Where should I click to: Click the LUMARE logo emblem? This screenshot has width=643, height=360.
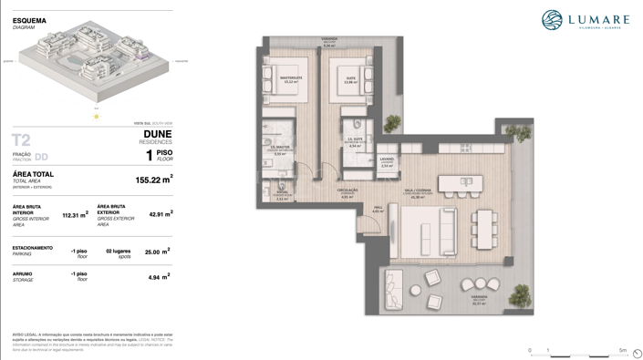[552, 20]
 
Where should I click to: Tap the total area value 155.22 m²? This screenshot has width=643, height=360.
[153, 180]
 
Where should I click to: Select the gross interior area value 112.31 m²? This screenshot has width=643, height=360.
[75, 215]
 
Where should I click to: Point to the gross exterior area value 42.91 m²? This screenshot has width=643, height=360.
[161, 214]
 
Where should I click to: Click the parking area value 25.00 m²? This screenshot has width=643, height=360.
[157, 252]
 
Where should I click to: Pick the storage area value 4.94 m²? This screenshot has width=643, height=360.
[160, 277]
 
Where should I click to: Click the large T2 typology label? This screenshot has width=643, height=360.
[21, 140]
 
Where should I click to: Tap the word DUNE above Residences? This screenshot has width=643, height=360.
[157, 134]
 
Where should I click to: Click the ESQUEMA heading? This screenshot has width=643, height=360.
[29, 20]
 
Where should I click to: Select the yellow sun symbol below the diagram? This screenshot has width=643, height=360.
[96, 116]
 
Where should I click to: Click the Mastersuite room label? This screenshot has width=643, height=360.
[291, 79]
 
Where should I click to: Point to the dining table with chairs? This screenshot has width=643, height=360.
[483, 229]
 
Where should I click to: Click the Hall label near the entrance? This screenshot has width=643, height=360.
[378, 209]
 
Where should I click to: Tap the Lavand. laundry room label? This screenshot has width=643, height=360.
[387, 161]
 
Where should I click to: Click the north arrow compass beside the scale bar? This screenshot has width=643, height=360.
[637, 354]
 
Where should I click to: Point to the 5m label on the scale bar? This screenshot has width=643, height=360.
[623, 350]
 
